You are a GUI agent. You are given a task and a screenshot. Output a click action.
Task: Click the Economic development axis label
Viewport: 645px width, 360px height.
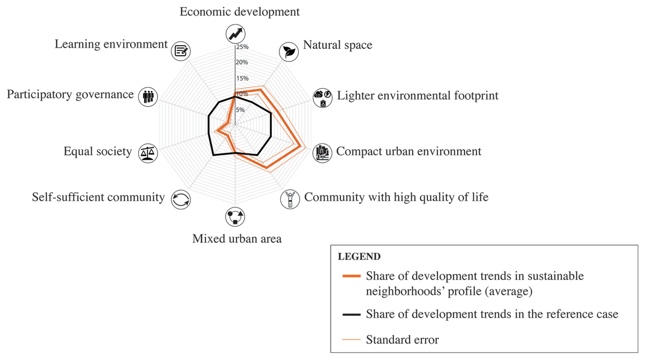click(x=239, y=11)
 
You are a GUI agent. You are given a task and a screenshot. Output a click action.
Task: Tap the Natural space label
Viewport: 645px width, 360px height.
click(x=338, y=45)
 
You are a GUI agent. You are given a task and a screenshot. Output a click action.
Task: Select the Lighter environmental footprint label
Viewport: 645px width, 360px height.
click(x=418, y=96)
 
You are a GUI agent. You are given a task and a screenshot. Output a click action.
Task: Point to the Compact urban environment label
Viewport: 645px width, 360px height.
click(x=408, y=152)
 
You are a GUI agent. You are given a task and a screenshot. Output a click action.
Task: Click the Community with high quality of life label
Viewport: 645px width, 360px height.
click(x=396, y=197)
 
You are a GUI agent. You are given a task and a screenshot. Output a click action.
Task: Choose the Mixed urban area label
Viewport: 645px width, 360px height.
click(x=236, y=238)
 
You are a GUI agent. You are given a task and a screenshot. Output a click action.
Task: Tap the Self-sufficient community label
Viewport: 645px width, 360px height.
click(x=98, y=197)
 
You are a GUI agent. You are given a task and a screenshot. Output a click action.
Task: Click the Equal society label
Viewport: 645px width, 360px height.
click(x=97, y=152)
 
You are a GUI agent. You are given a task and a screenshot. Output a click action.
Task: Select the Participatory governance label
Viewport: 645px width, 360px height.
click(x=70, y=95)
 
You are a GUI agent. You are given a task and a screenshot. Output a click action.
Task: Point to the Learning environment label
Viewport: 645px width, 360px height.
click(x=111, y=44)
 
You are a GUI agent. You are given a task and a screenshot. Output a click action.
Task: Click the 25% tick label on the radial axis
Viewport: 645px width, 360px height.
click(x=242, y=47)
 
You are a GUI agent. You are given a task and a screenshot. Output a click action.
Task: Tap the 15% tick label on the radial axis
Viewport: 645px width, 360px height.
click(x=242, y=78)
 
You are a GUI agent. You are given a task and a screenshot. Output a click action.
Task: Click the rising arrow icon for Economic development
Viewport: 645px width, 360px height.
click(x=234, y=33)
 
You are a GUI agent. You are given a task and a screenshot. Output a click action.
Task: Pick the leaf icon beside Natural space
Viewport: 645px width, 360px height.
click(x=289, y=51)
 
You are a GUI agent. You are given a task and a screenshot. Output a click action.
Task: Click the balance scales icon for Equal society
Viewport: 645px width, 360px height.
click(x=146, y=153)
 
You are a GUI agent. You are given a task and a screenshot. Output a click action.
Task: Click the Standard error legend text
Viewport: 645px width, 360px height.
click(x=402, y=340)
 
